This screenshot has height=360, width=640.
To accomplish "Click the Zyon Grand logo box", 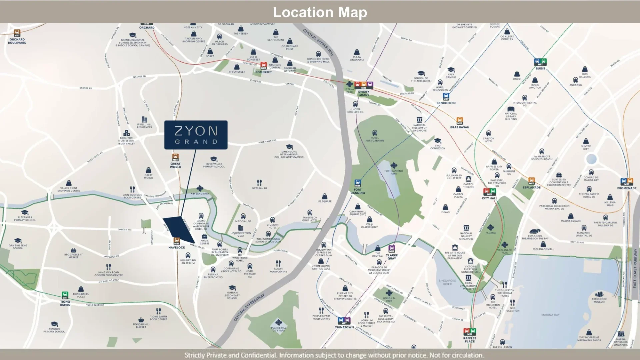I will [x=196, y=135].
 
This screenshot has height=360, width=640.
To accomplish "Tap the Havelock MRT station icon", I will [x=177, y=241].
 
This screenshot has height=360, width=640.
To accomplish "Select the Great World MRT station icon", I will [x=175, y=157].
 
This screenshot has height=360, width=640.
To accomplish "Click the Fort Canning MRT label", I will [x=357, y=191].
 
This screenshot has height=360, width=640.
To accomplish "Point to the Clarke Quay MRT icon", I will [x=392, y=249].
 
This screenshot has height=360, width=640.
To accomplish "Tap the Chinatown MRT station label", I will [x=344, y=327].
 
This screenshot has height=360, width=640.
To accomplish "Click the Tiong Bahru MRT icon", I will [x=65, y=295].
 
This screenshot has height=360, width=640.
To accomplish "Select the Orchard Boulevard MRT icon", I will [x=17, y=33].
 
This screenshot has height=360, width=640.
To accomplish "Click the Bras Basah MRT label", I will [x=459, y=127].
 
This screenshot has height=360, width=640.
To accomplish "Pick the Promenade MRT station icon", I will [x=627, y=182].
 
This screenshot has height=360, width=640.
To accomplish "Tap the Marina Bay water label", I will [x=550, y=315].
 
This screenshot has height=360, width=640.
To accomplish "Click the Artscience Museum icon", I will [x=599, y=295].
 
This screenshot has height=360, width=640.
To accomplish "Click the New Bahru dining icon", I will [x=259, y=183].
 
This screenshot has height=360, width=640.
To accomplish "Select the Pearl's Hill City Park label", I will [x=278, y=329].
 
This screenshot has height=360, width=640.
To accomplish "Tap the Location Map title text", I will [x=320, y=12].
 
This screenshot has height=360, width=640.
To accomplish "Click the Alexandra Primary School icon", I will [x=25, y=213].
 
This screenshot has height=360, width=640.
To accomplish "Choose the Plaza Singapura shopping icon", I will [x=357, y=52].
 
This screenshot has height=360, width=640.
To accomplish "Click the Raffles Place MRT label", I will [x=469, y=340].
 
